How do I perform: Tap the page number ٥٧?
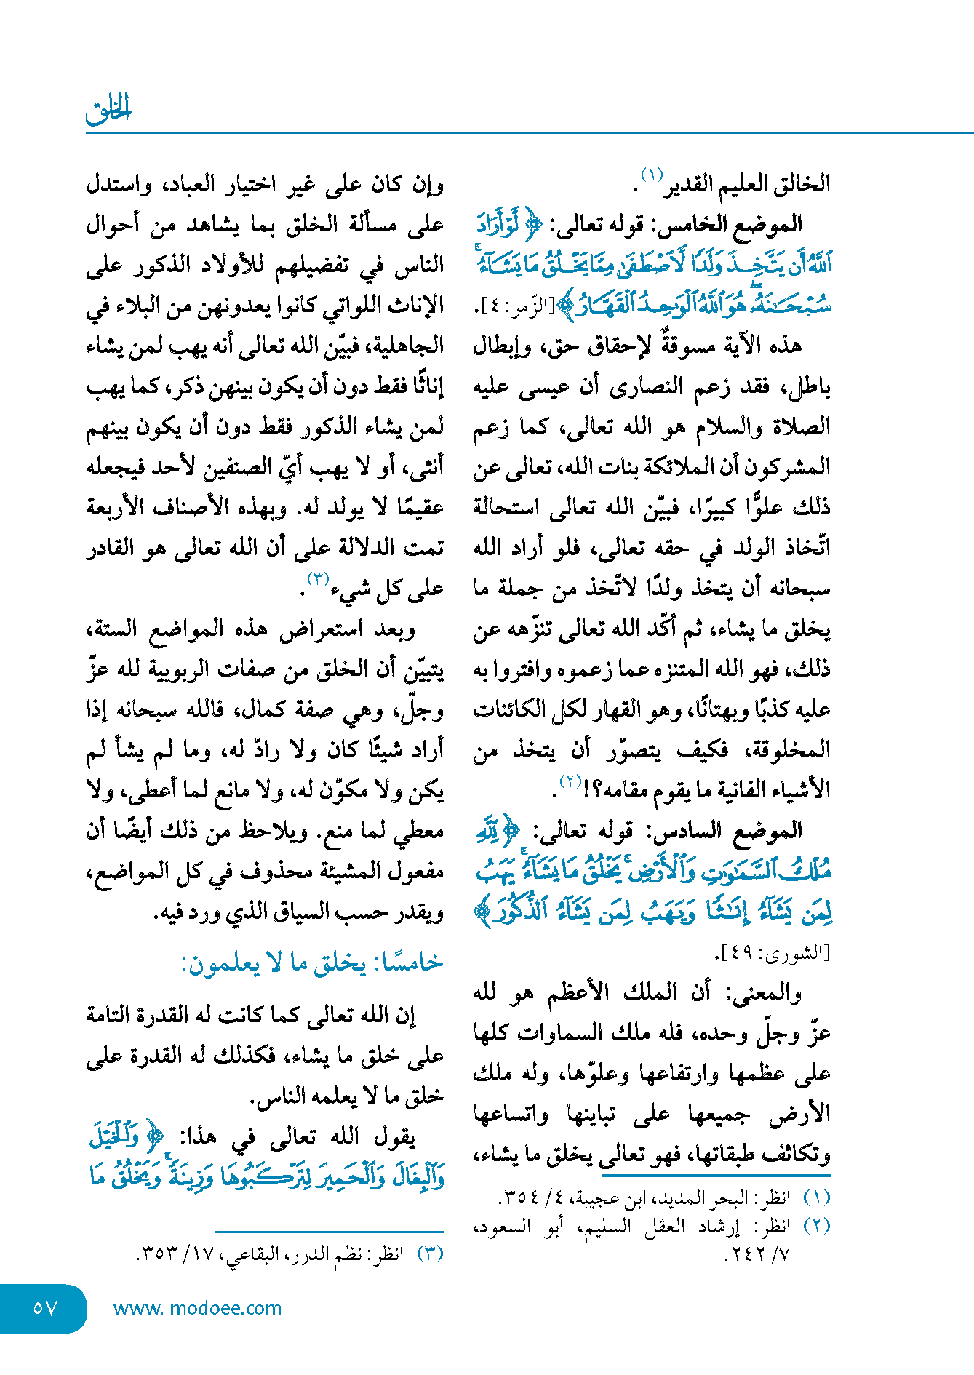[44, 1308]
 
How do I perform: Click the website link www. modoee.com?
[197, 1308]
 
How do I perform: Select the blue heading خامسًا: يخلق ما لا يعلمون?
[312, 963]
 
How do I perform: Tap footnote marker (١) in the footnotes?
[816, 1197]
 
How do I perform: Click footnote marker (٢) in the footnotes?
[816, 1226]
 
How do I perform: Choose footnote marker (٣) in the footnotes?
[429, 1254]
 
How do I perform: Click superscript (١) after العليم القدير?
[650, 175]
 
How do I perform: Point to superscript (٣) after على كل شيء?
[319, 580]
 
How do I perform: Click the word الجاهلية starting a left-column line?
[408, 346]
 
